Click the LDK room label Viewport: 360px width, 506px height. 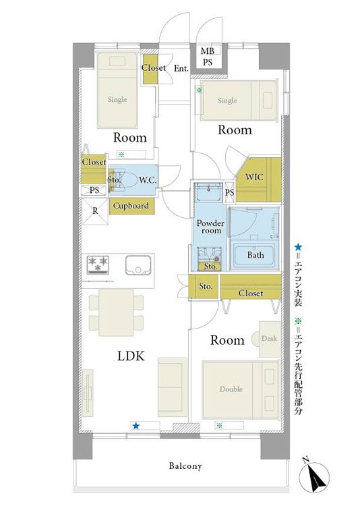(x=131, y=356)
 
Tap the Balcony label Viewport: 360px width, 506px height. (x=185, y=466)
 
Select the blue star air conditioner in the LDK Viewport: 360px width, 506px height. (x=136, y=426)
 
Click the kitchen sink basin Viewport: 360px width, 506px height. (x=138, y=265)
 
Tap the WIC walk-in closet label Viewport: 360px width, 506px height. (x=254, y=177)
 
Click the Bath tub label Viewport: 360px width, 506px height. (x=256, y=255)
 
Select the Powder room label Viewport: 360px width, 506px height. (x=210, y=227)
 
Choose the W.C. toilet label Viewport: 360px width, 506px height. (x=148, y=180)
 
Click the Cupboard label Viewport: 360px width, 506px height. (x=131, y=206)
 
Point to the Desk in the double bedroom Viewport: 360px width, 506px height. (x=270, y=339)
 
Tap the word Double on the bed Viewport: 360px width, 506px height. (x=231, y=389)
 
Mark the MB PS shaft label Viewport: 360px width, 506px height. (x=208, y=57)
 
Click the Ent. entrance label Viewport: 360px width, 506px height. (x=181, y=68)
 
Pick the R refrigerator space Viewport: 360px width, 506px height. (x=95, y=211)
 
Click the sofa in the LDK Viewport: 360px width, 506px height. (x=173, y=387)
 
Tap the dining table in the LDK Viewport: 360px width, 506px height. (x=116, y=313)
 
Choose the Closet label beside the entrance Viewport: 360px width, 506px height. (x=154, y=67)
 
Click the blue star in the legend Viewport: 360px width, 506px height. (x=298, y=248)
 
